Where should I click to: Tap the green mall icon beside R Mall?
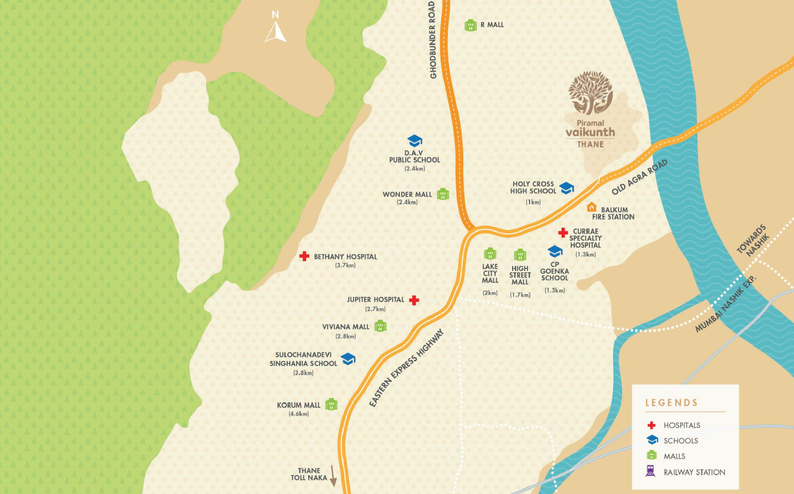click(x=470, y=25)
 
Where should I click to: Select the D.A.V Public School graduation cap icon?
click(x=415, y=141)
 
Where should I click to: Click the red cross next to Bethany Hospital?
click(x=304, y=256)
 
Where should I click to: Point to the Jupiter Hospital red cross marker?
click(x=414, y=300)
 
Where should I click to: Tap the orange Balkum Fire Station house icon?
click(x=592, y=207)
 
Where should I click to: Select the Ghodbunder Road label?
click(x=433, y=40)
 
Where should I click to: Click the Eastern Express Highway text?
click(x=406, y=368)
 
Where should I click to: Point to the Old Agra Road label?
click(x=640, y=177)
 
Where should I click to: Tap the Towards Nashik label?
click(x=753, y=241)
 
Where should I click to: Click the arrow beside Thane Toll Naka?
click(x=333, y=476)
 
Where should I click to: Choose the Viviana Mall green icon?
click(x=380, y=326)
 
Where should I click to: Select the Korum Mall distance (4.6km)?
click(x=299, y=414)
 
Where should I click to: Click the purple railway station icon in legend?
click(x=651, y=471)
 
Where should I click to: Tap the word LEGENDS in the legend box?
click(x=671, y=403)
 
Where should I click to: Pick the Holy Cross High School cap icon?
click(x=566, y=188)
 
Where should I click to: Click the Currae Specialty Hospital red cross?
click(x=563, y=232)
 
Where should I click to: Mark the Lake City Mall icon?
click(x=490, y=253)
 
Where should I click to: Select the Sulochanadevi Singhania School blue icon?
click(x=348, y=359)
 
